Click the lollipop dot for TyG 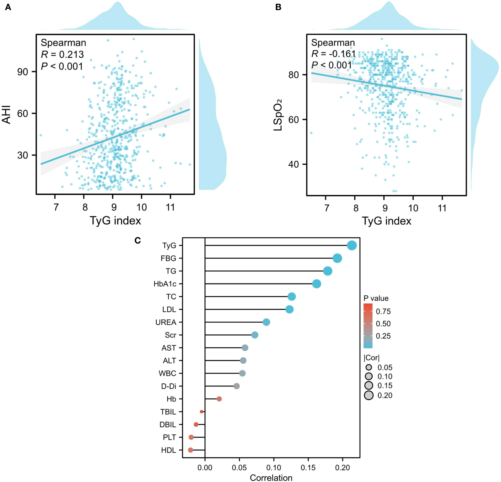(x=352, y=246)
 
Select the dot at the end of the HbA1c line (x=316, y=284)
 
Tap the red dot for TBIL (x=201, y=412)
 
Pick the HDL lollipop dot (x=190, y=450)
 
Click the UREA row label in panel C (x=166, y=322)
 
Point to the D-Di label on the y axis (x=169, y=386)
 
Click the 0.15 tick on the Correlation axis (x=308, y=468)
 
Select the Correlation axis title (x=271, y=478)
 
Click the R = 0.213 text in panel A (x=62, y=54)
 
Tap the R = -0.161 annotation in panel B (x=333, y=54)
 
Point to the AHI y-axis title (x=7, y=114)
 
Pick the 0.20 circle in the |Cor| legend (x=369, y=395)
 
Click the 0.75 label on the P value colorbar (x=383, y=311)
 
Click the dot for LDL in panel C (x=289, y=309)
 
